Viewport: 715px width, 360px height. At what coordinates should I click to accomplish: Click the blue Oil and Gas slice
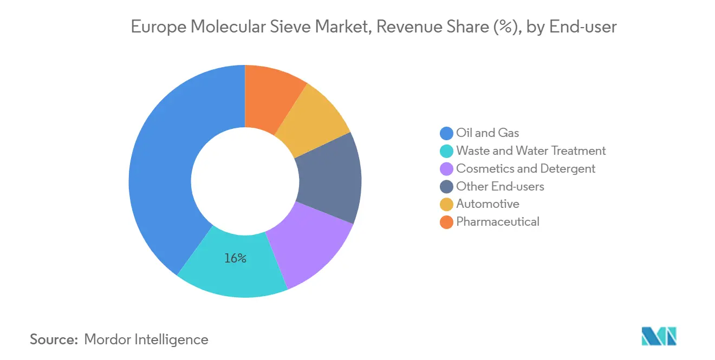point(160,173)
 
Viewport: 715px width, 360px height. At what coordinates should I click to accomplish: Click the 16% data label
point(236,259)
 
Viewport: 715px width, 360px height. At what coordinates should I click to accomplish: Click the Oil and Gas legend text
point(487,133)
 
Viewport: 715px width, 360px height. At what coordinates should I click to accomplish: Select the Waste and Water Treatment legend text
point(531,150)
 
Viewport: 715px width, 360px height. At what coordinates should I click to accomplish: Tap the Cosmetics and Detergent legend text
point(525,168)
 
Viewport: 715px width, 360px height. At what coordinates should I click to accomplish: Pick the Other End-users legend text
point(500,186)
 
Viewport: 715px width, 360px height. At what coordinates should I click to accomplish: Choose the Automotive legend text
point(487,204)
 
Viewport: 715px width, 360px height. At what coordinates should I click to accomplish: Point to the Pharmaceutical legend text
point(498,221)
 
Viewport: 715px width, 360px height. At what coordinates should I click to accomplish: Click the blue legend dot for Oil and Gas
point(446,133)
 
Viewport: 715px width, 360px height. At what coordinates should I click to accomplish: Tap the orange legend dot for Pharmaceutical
point(446,222)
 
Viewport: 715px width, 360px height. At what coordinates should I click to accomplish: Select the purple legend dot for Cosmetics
point(446,169)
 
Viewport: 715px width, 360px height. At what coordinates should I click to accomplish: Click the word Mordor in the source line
point(108,339)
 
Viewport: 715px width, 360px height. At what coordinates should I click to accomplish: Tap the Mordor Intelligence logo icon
point(659,336)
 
